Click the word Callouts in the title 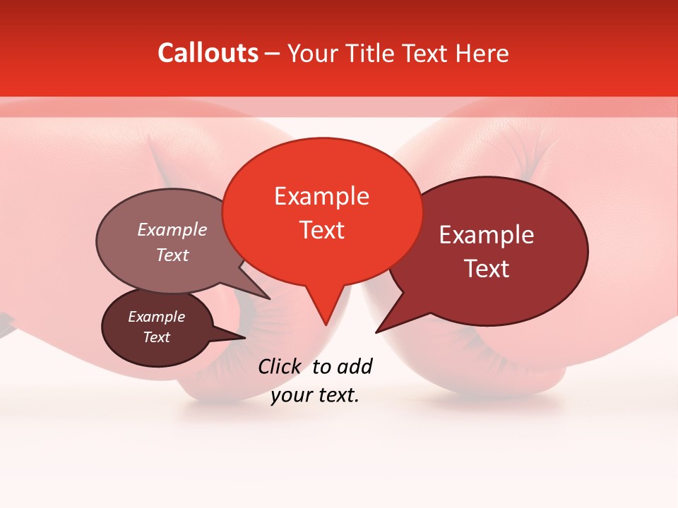pyautogui.click(x=208, y=53)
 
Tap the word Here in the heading pyautogui.click(x=482, y=53)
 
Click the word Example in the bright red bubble pyautogui.click(x=321, y=196)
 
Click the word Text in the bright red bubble pyautogui.click(x=322, y=230)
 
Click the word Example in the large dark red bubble pyautogui.click(x=487, y=235)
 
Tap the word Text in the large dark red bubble pyautogui.click(x=487, y=269)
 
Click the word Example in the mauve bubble pyautogui.click(x=172, y=229)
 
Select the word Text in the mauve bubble pyautogui.click(x=172, y=255)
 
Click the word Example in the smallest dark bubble pyautogui.click(x=156, y=317)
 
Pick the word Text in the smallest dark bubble pyautogui.click(x=156, y=337)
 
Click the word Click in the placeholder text pyautogui.click(x=279, y=366)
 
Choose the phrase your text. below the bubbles pyautogui.click(x=315, y=395)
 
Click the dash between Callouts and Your pyautogui.click(x=273, y=53)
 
